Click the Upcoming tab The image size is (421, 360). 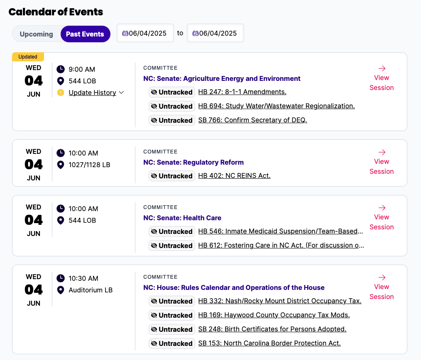37,34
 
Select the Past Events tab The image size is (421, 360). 85,34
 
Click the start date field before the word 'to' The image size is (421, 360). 145,33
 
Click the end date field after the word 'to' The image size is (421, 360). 215,33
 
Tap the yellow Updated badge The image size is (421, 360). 28,57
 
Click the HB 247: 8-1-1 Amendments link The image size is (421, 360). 242,92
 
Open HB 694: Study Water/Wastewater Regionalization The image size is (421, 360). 277,106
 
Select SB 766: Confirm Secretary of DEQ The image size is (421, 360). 252,120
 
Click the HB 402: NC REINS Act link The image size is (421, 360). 234,175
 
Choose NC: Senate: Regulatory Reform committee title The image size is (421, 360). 193,162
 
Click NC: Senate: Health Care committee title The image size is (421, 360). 182,218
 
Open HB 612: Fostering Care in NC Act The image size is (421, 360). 281,245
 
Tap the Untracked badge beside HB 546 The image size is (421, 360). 172,231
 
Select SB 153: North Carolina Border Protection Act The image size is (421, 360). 269,343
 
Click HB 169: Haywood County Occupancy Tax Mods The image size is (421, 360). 274,315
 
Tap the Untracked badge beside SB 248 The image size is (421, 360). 172,329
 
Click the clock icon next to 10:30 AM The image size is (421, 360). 61,278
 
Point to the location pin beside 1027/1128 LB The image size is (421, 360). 61,165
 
